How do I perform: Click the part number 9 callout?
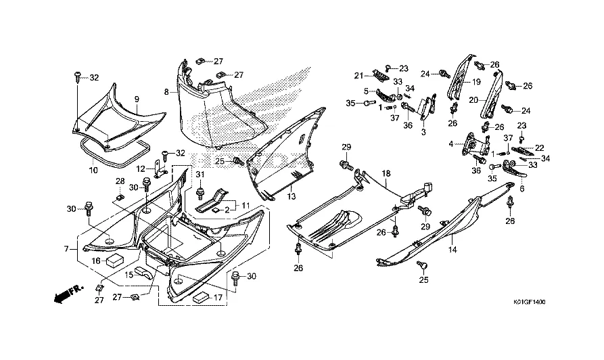pos(136,99)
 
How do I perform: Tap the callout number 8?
pos(166,91)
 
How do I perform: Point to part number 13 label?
pos(292,196)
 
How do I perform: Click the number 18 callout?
pos(386,174)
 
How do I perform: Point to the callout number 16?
pos(96,261)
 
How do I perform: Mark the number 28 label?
pos(119,181)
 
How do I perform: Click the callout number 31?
pos(200,175)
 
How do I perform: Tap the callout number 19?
pos(475,83)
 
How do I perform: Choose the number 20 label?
pos(475,99)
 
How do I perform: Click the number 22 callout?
pos(539,148)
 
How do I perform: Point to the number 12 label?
pos(141,168)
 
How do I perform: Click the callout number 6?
pos(521,189)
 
